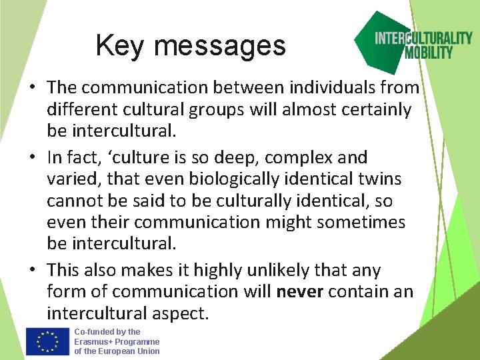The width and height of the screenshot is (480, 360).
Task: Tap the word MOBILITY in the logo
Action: (428, 53)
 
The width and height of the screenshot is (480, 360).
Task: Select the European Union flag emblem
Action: (47, 342)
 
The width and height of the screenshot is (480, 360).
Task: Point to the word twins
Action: (377, 179)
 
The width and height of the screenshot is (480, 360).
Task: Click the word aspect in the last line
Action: (184, 313)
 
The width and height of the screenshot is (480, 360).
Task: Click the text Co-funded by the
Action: (107, 331)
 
